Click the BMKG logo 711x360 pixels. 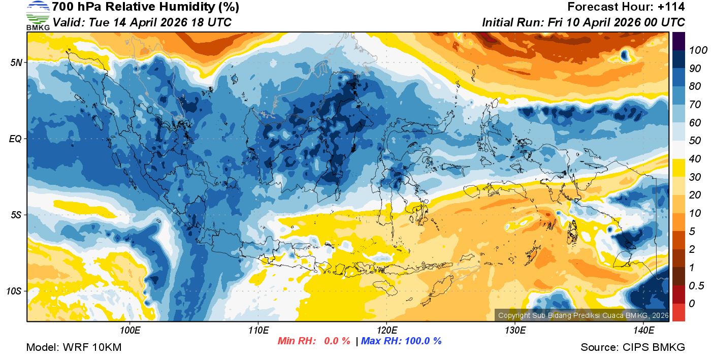tap(38, 16)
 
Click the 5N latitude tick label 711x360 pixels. tap(16, 62)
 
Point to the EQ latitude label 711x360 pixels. tap(16, 139)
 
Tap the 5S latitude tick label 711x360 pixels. tap(16, 215)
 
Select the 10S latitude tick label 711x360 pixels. tap(14, 291)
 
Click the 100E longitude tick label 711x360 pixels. tap(130, 331)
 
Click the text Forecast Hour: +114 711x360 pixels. tap(626, 7)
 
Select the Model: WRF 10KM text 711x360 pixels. tap(74, 347)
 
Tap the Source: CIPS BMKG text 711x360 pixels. tap(633, 347)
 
